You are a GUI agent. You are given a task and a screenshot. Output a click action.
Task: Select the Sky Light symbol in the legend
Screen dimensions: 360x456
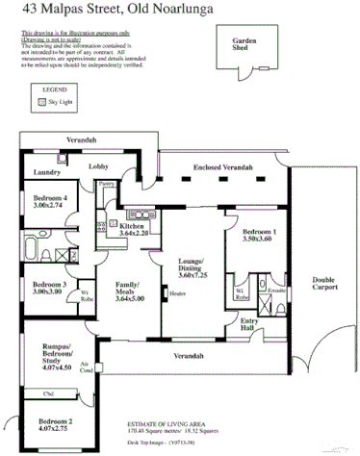point(40,100)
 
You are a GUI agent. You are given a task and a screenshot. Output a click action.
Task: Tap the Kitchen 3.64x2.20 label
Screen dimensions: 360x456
point(134,228)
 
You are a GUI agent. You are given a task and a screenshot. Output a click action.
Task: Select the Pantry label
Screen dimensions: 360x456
point(108,182)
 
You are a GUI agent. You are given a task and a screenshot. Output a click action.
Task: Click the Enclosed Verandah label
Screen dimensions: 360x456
point(222,167)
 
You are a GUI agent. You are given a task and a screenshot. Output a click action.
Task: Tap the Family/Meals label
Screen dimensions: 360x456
point(128,291)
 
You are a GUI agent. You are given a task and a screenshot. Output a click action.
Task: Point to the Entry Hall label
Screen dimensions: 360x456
point(249,325)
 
